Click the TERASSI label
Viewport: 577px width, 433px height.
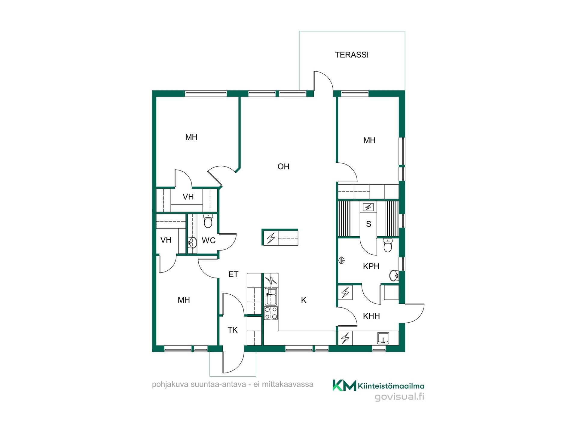click(x=352, y=55)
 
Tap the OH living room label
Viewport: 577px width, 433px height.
click(x=283, y=167)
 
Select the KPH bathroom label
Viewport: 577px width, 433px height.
click(x=371, y=266)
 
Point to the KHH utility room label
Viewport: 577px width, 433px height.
click(x=371, y=316)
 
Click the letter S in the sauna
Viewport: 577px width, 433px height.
click(x=369, y=224)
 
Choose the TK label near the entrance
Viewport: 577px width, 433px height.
click(x=233, y=330)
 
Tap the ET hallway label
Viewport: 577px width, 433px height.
click(x=234, y=274)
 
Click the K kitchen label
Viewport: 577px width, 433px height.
click(x=304, y=300)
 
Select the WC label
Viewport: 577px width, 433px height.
click(x=209, y=240)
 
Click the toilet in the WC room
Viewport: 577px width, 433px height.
click(x=208, y=221)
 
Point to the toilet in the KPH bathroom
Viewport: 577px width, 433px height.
click(x=388, y=245)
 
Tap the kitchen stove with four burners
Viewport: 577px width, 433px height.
click(x=271, y=313)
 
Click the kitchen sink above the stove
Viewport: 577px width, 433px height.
click(x=271, y=296)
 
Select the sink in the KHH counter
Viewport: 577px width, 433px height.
click(x=383, y=338)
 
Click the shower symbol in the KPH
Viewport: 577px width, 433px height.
click(x=342, y=260)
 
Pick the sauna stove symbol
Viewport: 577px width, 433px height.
click(x=368, y=207)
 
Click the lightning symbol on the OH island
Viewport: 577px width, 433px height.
click(x=271, y=238)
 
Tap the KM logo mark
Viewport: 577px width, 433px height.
click(x=344, y=385)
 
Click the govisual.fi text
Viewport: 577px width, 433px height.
click(x=399, y=397)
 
